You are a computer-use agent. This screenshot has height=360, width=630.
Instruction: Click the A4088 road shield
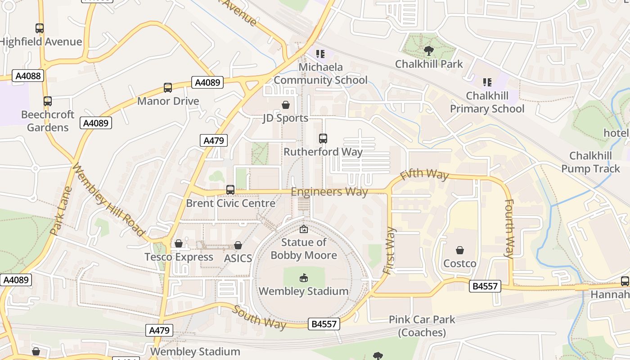pyautogui.click(x=28, y=76)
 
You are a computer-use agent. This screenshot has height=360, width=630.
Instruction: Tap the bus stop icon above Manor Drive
pyautogui.click(x=168, y=88)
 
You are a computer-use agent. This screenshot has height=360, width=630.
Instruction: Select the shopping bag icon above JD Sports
pyautogui.click(x=285, y=105)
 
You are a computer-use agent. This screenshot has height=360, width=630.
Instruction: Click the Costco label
pyautogui.click(x=460, y=263)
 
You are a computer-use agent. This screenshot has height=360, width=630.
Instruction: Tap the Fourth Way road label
pyautogui.click(x=509, y=228)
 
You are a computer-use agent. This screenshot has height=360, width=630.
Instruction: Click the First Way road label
pyautogui.click(x=389, y=251)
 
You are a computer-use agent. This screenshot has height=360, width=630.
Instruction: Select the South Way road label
pyautogui.click(x=259, y=318)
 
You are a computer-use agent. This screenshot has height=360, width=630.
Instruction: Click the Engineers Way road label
pyautogui.click(x=329, y=192)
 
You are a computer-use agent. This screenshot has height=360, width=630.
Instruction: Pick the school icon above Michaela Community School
pyautogui.click(x=320, y=54)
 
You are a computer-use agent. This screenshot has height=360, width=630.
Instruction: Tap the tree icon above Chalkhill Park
pyautogui.click(x=428, y=51)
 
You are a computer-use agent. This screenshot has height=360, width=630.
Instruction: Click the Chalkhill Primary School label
pyautogui.click(x=487, y=102)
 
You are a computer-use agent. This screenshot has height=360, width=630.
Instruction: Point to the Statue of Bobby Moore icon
pyautogui.click(x=304, y=229)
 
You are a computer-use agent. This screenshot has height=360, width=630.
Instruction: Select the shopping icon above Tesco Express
pyautogui.click(x=179, y=244)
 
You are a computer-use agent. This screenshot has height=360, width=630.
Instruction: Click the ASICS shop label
pyautogui.click(x=238, y=258)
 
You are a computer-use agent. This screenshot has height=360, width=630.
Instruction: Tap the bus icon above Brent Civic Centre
pyautogui.click(x=230, y=190)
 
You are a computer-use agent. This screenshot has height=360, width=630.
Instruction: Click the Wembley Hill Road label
pyautogui.click(x=108, y=199)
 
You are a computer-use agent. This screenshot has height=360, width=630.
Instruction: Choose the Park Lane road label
pyautogui.click(x=61, y=211)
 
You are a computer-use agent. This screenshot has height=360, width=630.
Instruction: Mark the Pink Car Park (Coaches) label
pyautogui.click(x=422, y=326)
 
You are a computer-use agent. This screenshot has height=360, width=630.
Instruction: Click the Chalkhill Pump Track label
pyautogui.click(x=590, y=162)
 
